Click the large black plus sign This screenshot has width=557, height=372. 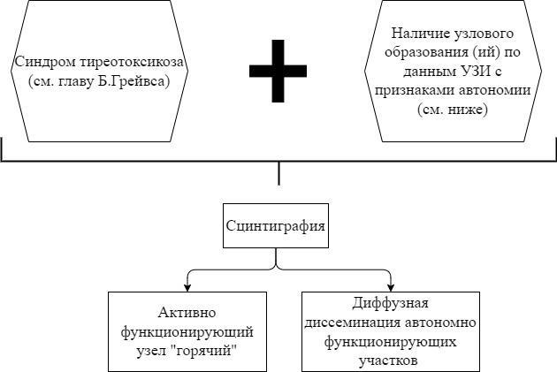(x=278, y=71)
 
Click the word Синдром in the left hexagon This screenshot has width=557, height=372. (x=39, y=63)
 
